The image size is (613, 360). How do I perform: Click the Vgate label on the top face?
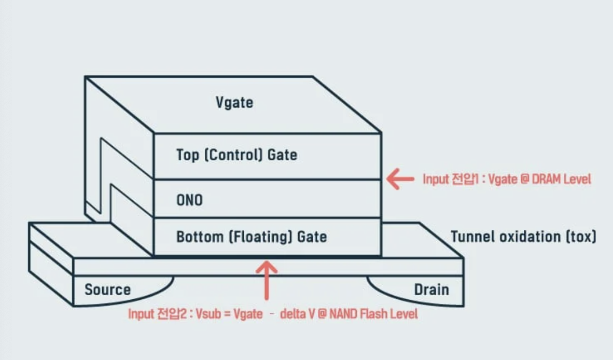[x=234, y=102]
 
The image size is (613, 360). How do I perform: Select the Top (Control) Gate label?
[x=236, y=155]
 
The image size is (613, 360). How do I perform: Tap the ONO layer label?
[x=189, y=200]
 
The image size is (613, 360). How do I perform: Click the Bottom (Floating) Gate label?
[x=252, y=237]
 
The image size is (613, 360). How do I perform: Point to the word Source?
[x=107, y=289]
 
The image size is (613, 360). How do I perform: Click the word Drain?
[x=431, y=289]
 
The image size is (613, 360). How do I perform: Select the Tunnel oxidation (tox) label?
[x=523, y=237]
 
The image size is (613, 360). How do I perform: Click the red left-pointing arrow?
[x=400, y=179]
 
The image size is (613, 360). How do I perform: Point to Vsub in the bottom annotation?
[x=207, y=314]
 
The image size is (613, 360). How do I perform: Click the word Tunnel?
[x=471, y=237]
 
